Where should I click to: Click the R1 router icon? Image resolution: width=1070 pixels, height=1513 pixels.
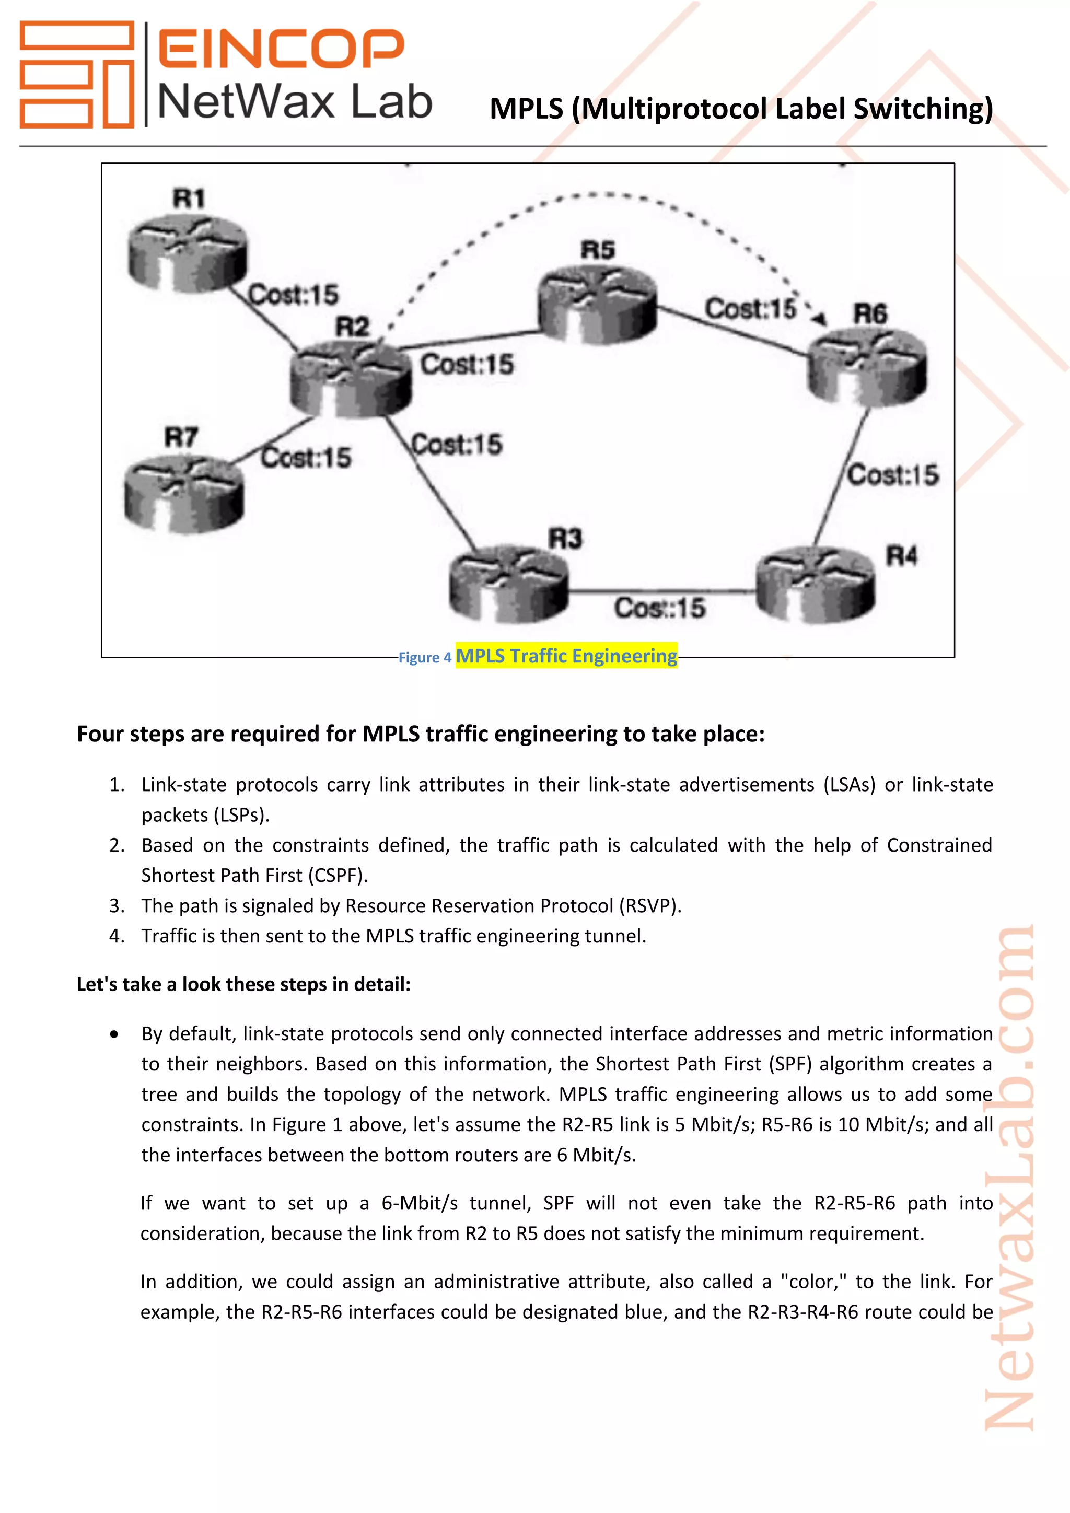tap(187, 254)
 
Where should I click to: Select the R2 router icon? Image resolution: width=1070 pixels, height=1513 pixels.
tap(351, 379)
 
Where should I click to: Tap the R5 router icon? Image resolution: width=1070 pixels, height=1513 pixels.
tap(597, 305)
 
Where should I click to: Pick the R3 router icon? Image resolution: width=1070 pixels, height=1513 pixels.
tap(508, 583)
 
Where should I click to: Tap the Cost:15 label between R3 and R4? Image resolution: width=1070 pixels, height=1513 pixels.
tap(659, 608)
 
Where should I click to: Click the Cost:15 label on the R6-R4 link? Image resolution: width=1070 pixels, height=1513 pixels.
tap(893, 474)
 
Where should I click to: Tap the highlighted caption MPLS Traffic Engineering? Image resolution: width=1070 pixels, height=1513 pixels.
tap(566, 656)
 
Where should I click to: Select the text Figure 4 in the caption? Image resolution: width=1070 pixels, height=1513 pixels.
tap(425, 658)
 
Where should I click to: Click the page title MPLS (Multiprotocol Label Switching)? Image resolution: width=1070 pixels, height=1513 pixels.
tap(741, 109)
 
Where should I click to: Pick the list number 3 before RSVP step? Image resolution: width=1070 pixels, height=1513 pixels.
tap(117, 906)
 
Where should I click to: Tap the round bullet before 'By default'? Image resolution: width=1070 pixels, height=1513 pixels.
tap(114, 1034)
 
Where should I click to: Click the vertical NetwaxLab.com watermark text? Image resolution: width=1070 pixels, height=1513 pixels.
tap(1009, 1180)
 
